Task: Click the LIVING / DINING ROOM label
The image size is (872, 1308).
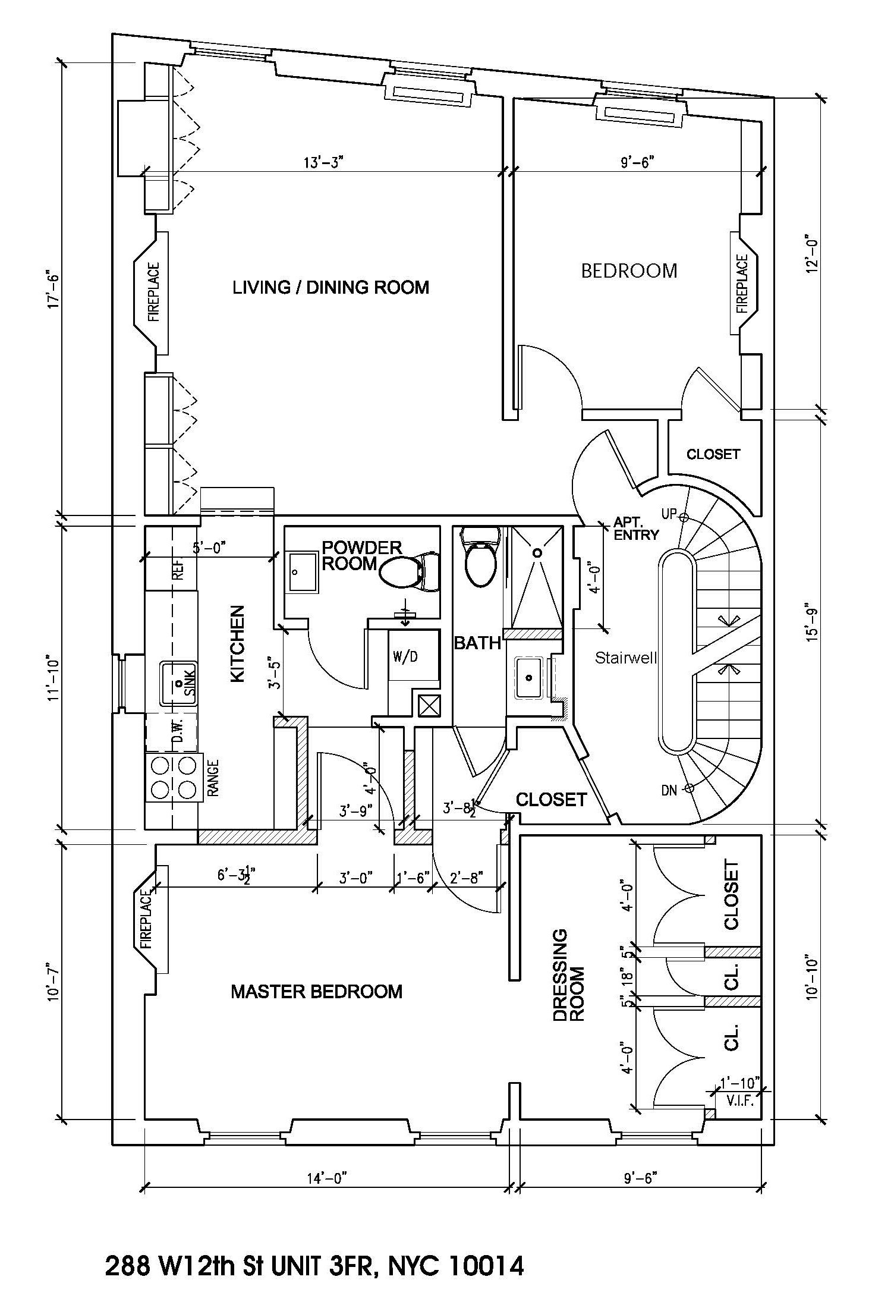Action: coord(330,288)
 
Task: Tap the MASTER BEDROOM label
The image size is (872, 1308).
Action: coord(316,992)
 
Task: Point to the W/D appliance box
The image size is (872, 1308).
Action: coord(406,656)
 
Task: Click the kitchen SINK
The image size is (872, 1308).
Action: coord(178,684)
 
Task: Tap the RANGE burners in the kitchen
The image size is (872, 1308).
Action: coord(174,777)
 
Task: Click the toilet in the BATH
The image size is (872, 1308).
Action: coord(480,562)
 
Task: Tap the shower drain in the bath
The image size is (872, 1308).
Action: coord(537,553)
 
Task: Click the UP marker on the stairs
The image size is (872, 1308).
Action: coord(669,514)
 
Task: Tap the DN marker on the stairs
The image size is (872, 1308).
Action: coord(669,790)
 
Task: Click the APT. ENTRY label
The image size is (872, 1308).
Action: coord(636,529)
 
